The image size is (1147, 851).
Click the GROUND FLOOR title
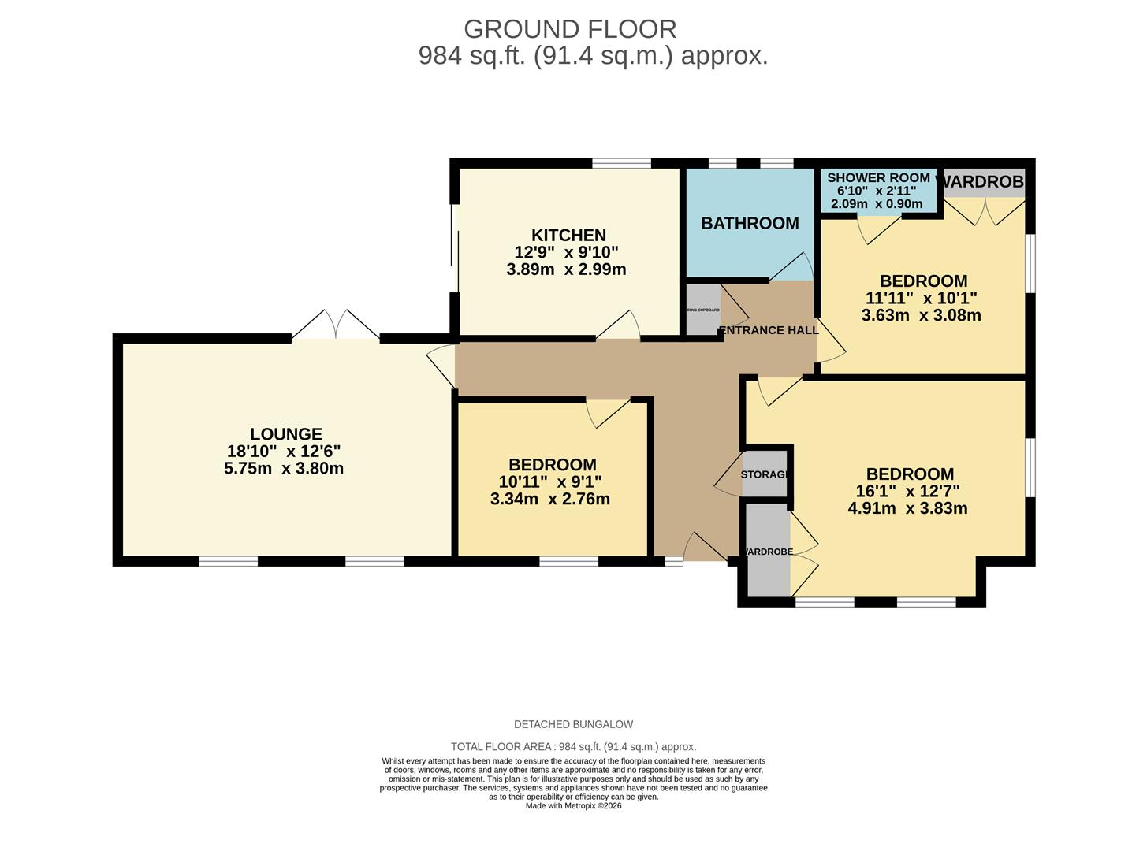point(569,29)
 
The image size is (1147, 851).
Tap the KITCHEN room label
point(568,235)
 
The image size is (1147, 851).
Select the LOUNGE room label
point(285,434)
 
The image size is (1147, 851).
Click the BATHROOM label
point(750,223)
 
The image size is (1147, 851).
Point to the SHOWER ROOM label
point(878,178)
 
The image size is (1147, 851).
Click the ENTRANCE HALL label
point(769,330)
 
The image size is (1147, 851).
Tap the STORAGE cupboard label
point(765,474)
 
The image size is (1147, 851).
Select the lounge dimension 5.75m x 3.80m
point(284,468)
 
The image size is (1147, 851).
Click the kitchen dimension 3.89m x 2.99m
point(566,269)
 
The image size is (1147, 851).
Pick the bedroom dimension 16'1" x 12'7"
point(907,491)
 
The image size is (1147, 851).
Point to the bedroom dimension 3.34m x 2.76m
point(550,499)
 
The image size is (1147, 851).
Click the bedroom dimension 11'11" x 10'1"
point(921,298)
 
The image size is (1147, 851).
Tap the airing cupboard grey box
point(702,310)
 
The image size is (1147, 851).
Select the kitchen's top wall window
point(621,164)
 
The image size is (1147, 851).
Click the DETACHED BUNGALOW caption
point(573,724)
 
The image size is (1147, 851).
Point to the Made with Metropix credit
point(573,806)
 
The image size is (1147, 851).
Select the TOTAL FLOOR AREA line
point(573,746)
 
